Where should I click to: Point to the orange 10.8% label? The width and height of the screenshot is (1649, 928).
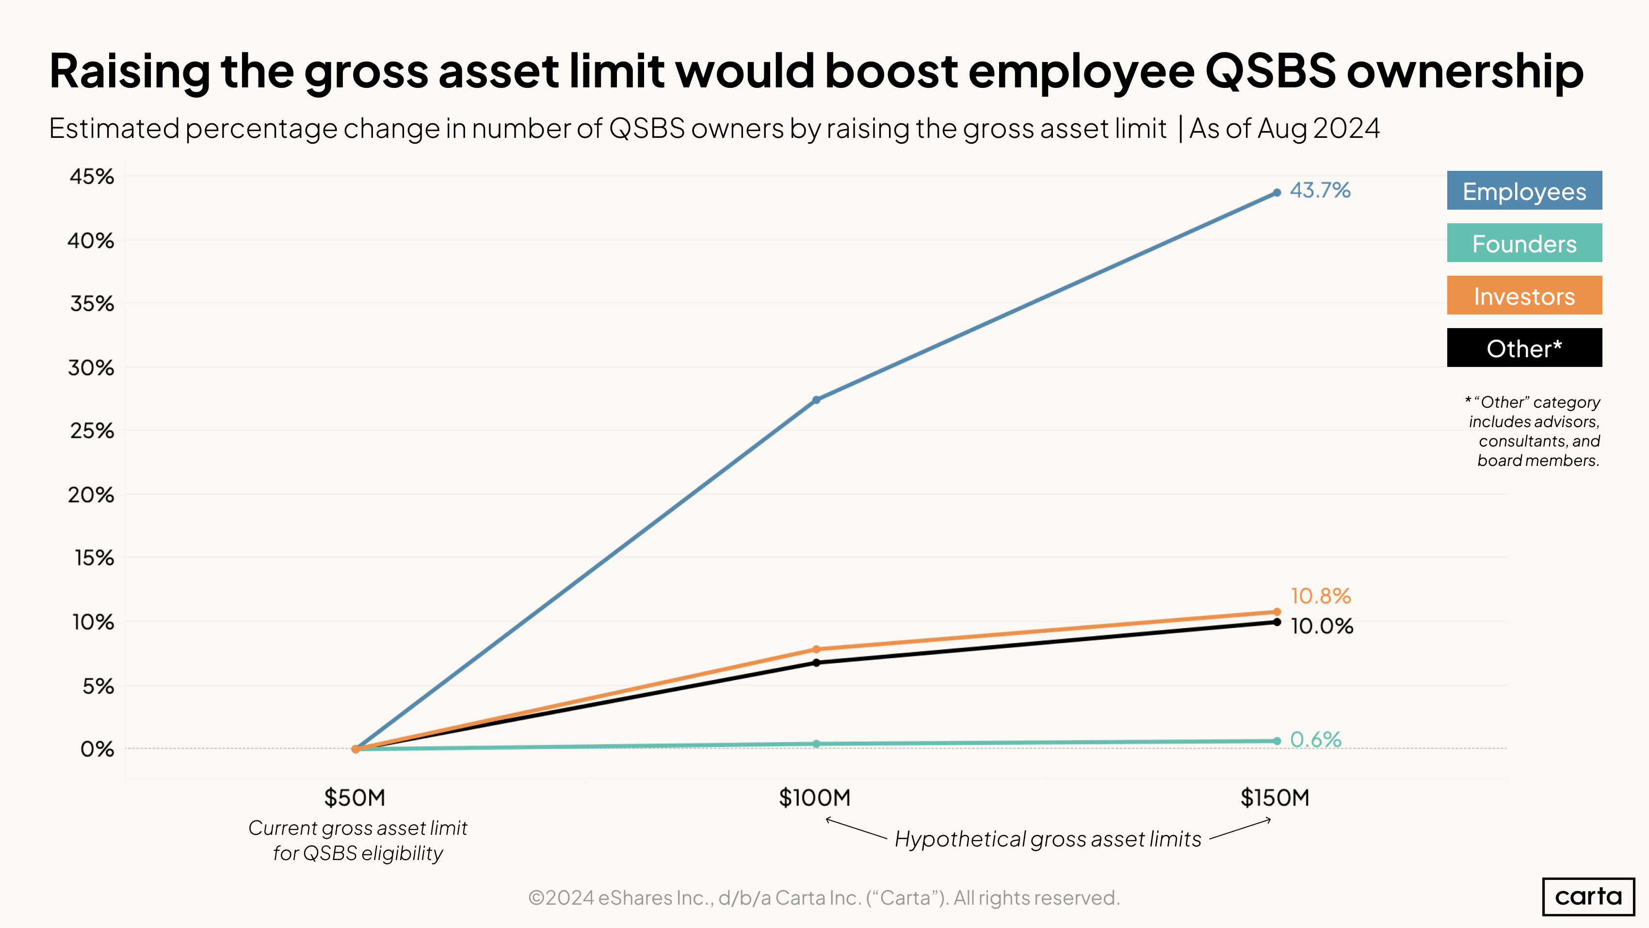(x=1320, y=596)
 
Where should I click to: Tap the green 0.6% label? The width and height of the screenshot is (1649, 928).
(x=1315, y=740)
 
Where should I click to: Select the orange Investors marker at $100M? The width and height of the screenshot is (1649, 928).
(x=816, y=649)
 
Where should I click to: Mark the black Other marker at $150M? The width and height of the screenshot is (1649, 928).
(x=1277, y=622)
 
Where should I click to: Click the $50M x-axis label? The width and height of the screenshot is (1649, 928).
(x=355, y=798)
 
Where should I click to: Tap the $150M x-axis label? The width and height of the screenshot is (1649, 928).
(x=1275, y=798)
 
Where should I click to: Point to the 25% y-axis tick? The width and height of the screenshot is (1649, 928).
(x=92, y=431)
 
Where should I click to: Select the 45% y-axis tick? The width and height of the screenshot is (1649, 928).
(x=92, y=177)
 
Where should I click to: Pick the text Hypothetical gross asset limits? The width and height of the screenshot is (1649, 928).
(x=1048, y=839)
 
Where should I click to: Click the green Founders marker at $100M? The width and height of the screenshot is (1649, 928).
(x=816, y=744)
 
